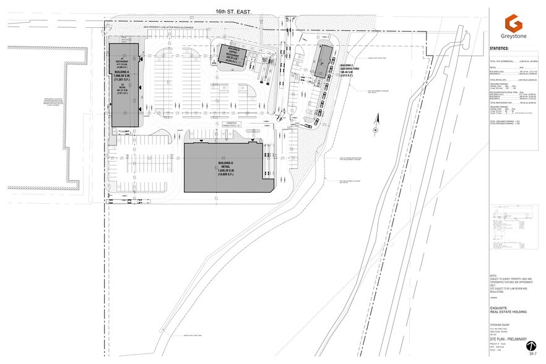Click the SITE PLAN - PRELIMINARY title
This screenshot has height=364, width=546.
tap(508, 339)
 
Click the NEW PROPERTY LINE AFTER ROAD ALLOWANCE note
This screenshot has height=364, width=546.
tap(168, 27)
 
